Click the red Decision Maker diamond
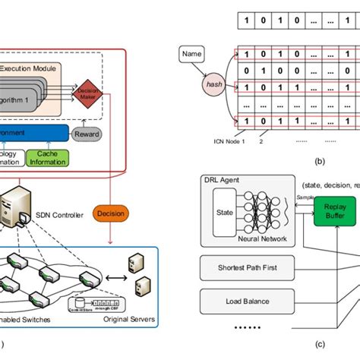[x=89, y=92]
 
